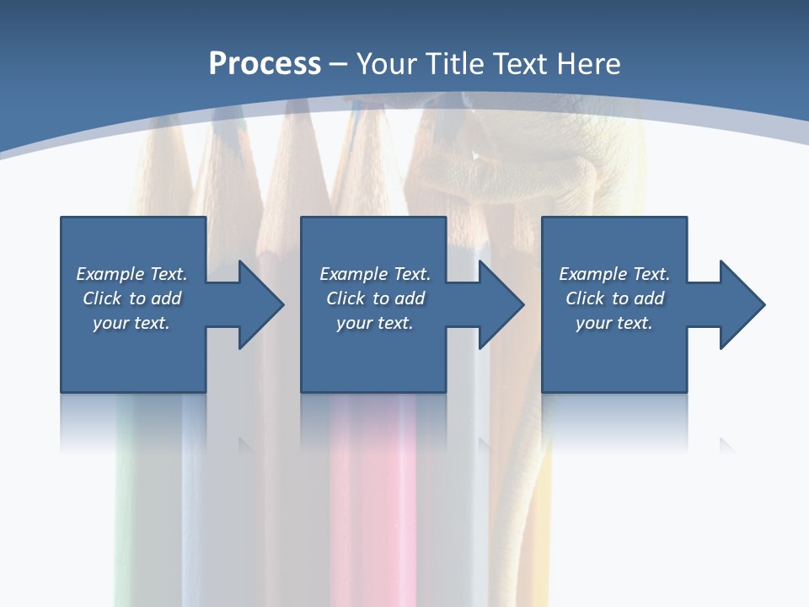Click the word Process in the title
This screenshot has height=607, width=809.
coord(265,64)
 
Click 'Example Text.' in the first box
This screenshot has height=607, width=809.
coord(131,274)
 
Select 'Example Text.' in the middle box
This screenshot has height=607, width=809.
coord(375,274)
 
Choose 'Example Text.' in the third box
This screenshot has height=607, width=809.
coord(614,274)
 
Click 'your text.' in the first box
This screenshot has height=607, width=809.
coord(131,323)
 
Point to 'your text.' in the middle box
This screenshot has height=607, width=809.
coord(375,323)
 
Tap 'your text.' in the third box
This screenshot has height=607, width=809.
coord(614,323)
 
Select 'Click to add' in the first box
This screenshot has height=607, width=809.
coord(131,298)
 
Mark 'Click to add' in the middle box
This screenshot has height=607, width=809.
coord(375,298)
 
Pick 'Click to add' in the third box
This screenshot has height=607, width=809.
coord(614,298)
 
